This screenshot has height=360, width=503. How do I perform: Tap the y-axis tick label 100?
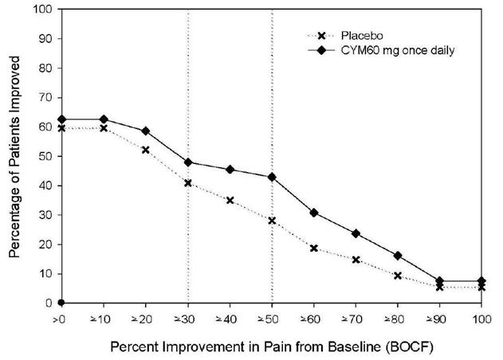pyautogui.click(x=45, y=10)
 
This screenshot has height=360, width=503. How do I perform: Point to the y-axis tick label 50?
pyautogui.click(x=47, y=156)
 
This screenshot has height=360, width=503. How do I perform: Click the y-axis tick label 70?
pyautogui.click(x=47, y=98)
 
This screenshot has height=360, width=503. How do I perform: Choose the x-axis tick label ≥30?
pyautogui.click(x=187, y=318)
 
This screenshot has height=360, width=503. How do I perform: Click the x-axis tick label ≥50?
pyautogui.click(x=272, y=318)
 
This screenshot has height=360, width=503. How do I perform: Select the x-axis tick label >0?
pyautogui.click(x=61, y=318)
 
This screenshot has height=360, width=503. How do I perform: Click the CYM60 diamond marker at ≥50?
pyautogui.click(x=273, y=177)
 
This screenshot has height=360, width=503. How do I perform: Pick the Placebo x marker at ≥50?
pyautogui.click(x=273, y=221)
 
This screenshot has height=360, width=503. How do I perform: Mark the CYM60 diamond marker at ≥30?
pyautogui.click(x=188, y=162)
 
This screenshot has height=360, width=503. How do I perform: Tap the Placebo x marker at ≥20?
pyautogui.click(x=146, y=150)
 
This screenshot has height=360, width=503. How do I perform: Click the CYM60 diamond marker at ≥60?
pyautogui.click(x=314, y=213)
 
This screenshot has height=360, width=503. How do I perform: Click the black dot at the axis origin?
pyautogui.click(x=61, y=303)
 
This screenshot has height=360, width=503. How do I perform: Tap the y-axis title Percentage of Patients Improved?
pyautogui.click(x=15, y=155)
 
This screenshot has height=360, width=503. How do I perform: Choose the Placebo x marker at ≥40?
pyautogui.click(x=230, y=200)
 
